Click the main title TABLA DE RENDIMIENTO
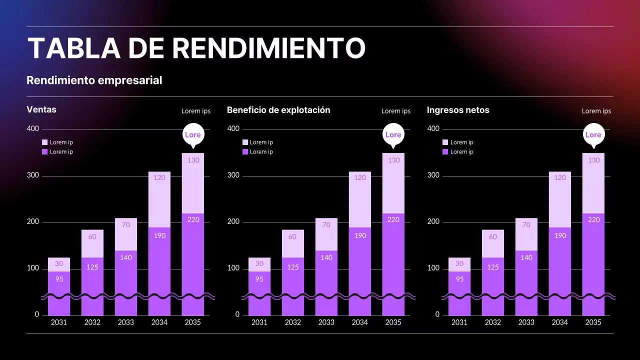[x=196, y=48]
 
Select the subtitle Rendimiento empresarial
[x=94, y=80]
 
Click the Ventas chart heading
[x=41, y=109]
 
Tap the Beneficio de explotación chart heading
[x=278, y=110]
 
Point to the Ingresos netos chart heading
[x=458, y=110]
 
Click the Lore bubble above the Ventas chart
[x=193, y=134]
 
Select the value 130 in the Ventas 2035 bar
[x=193, y=160]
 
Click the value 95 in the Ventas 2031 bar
[x=59, y=279]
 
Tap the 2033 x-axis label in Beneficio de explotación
[x=326, y=322]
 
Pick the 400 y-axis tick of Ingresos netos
[x=433, y=129]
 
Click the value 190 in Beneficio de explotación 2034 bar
[x=360, y=235]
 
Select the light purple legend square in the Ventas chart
[x=45, y=142]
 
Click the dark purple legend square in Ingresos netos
[x=445, y=152]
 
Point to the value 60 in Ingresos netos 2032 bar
[x=493, y=237]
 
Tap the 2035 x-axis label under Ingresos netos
[x=593, y=322]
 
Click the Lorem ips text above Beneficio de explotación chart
[x=395, y=111]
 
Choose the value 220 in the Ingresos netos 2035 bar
[x=593, y=219]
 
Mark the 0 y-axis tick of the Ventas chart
[x=36, y=314]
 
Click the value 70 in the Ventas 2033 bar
[x=126, y=225]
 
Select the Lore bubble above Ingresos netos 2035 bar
[x=593, y=134]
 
